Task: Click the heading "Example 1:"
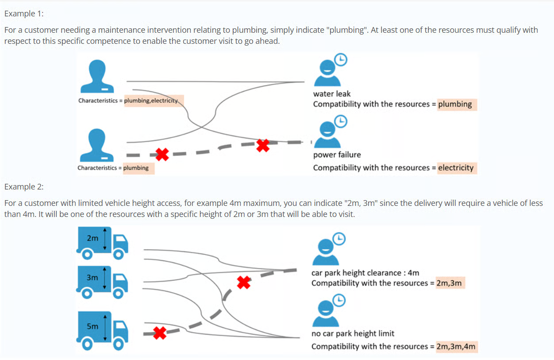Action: pyautogui.click(x=24, y=13)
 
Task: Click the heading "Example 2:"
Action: pyautogui.click(x=24, y=186)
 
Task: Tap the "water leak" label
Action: pyautogui.click(x=331, y=93)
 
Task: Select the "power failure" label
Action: pyautogui.click(x=337, y=155)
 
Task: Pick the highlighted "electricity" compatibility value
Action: pyautogui.click(x=456, y=168)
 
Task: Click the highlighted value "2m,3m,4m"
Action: pyautogui.click(x=456, y=346)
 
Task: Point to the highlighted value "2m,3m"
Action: pyautogui.click(x=449, y=283)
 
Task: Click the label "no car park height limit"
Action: pyautogui.click(x=353, y=333)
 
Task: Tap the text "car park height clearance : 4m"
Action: pyautogui.click(x=365, y=273)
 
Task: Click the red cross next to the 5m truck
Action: pyautogui.click(x=160, y=333)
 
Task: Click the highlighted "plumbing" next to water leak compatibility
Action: pyautogui.click(x=455, y=104)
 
